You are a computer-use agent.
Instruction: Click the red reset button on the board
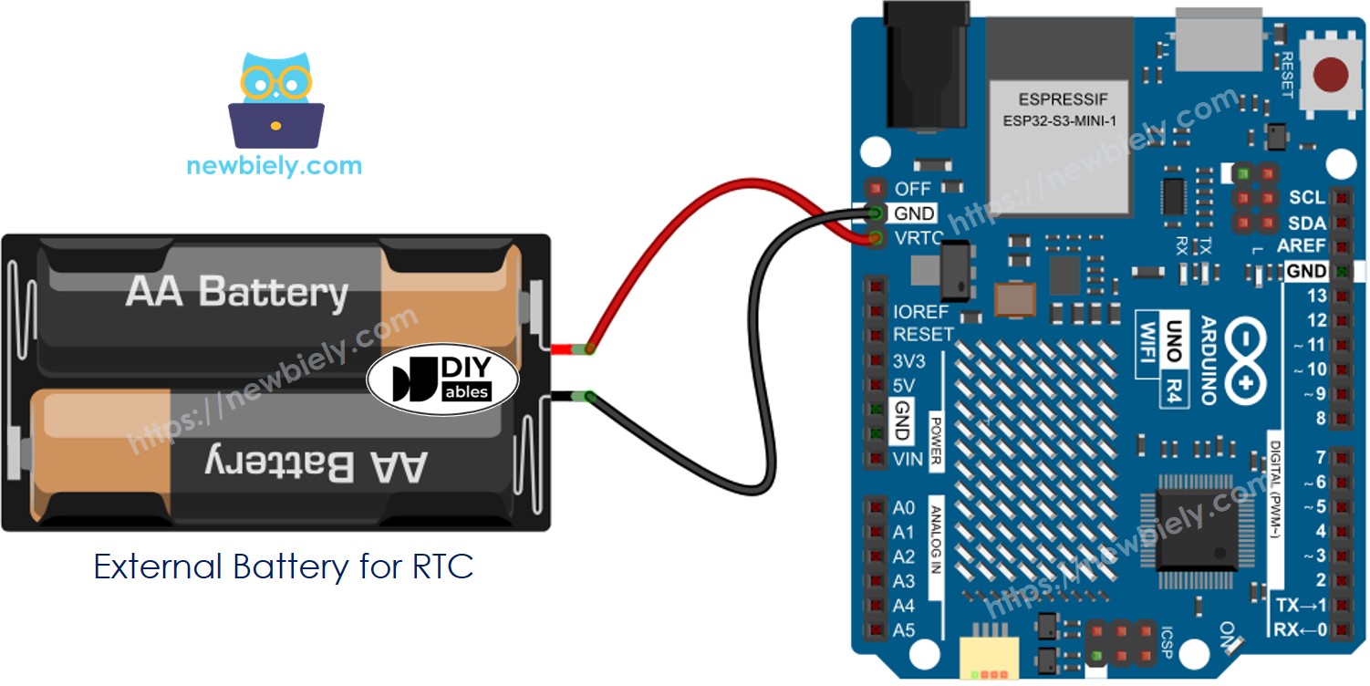[1334, 76]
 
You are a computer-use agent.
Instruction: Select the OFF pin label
[913, 189]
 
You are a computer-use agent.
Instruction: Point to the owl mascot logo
[275, 100]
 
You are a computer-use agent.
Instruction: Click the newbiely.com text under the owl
[275, 166]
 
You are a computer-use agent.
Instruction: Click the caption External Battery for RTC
[284, 567]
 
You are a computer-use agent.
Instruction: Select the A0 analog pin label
[903, 507]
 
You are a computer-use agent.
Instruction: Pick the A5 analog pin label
[903, 630]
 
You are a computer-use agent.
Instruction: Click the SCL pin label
[1307, 198]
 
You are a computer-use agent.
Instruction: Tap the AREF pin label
[1302, 246]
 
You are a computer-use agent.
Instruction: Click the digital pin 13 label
[1316, 296]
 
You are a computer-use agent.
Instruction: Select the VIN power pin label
[908, 459]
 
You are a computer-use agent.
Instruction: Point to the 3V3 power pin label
[908, 361]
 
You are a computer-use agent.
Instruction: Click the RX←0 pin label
[1301, 630]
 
